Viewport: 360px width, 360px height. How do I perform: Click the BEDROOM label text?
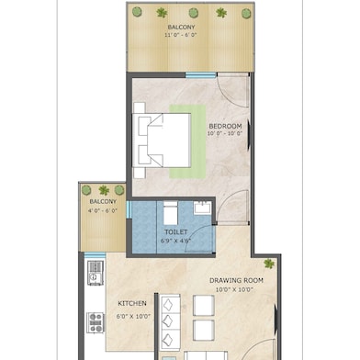[225, 125]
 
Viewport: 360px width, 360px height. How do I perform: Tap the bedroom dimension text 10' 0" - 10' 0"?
[225, 134]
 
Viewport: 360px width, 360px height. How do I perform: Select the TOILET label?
[175, 232]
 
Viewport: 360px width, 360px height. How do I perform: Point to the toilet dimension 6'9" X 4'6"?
[175, 242]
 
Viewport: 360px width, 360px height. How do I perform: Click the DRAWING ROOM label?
[236, 280]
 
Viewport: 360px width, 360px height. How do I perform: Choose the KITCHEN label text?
[132, 304]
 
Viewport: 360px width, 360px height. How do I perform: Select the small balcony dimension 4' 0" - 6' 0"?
[103, 211]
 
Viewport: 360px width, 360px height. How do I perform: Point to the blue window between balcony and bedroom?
[200, 75]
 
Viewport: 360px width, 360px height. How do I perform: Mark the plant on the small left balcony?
[103, 190]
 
